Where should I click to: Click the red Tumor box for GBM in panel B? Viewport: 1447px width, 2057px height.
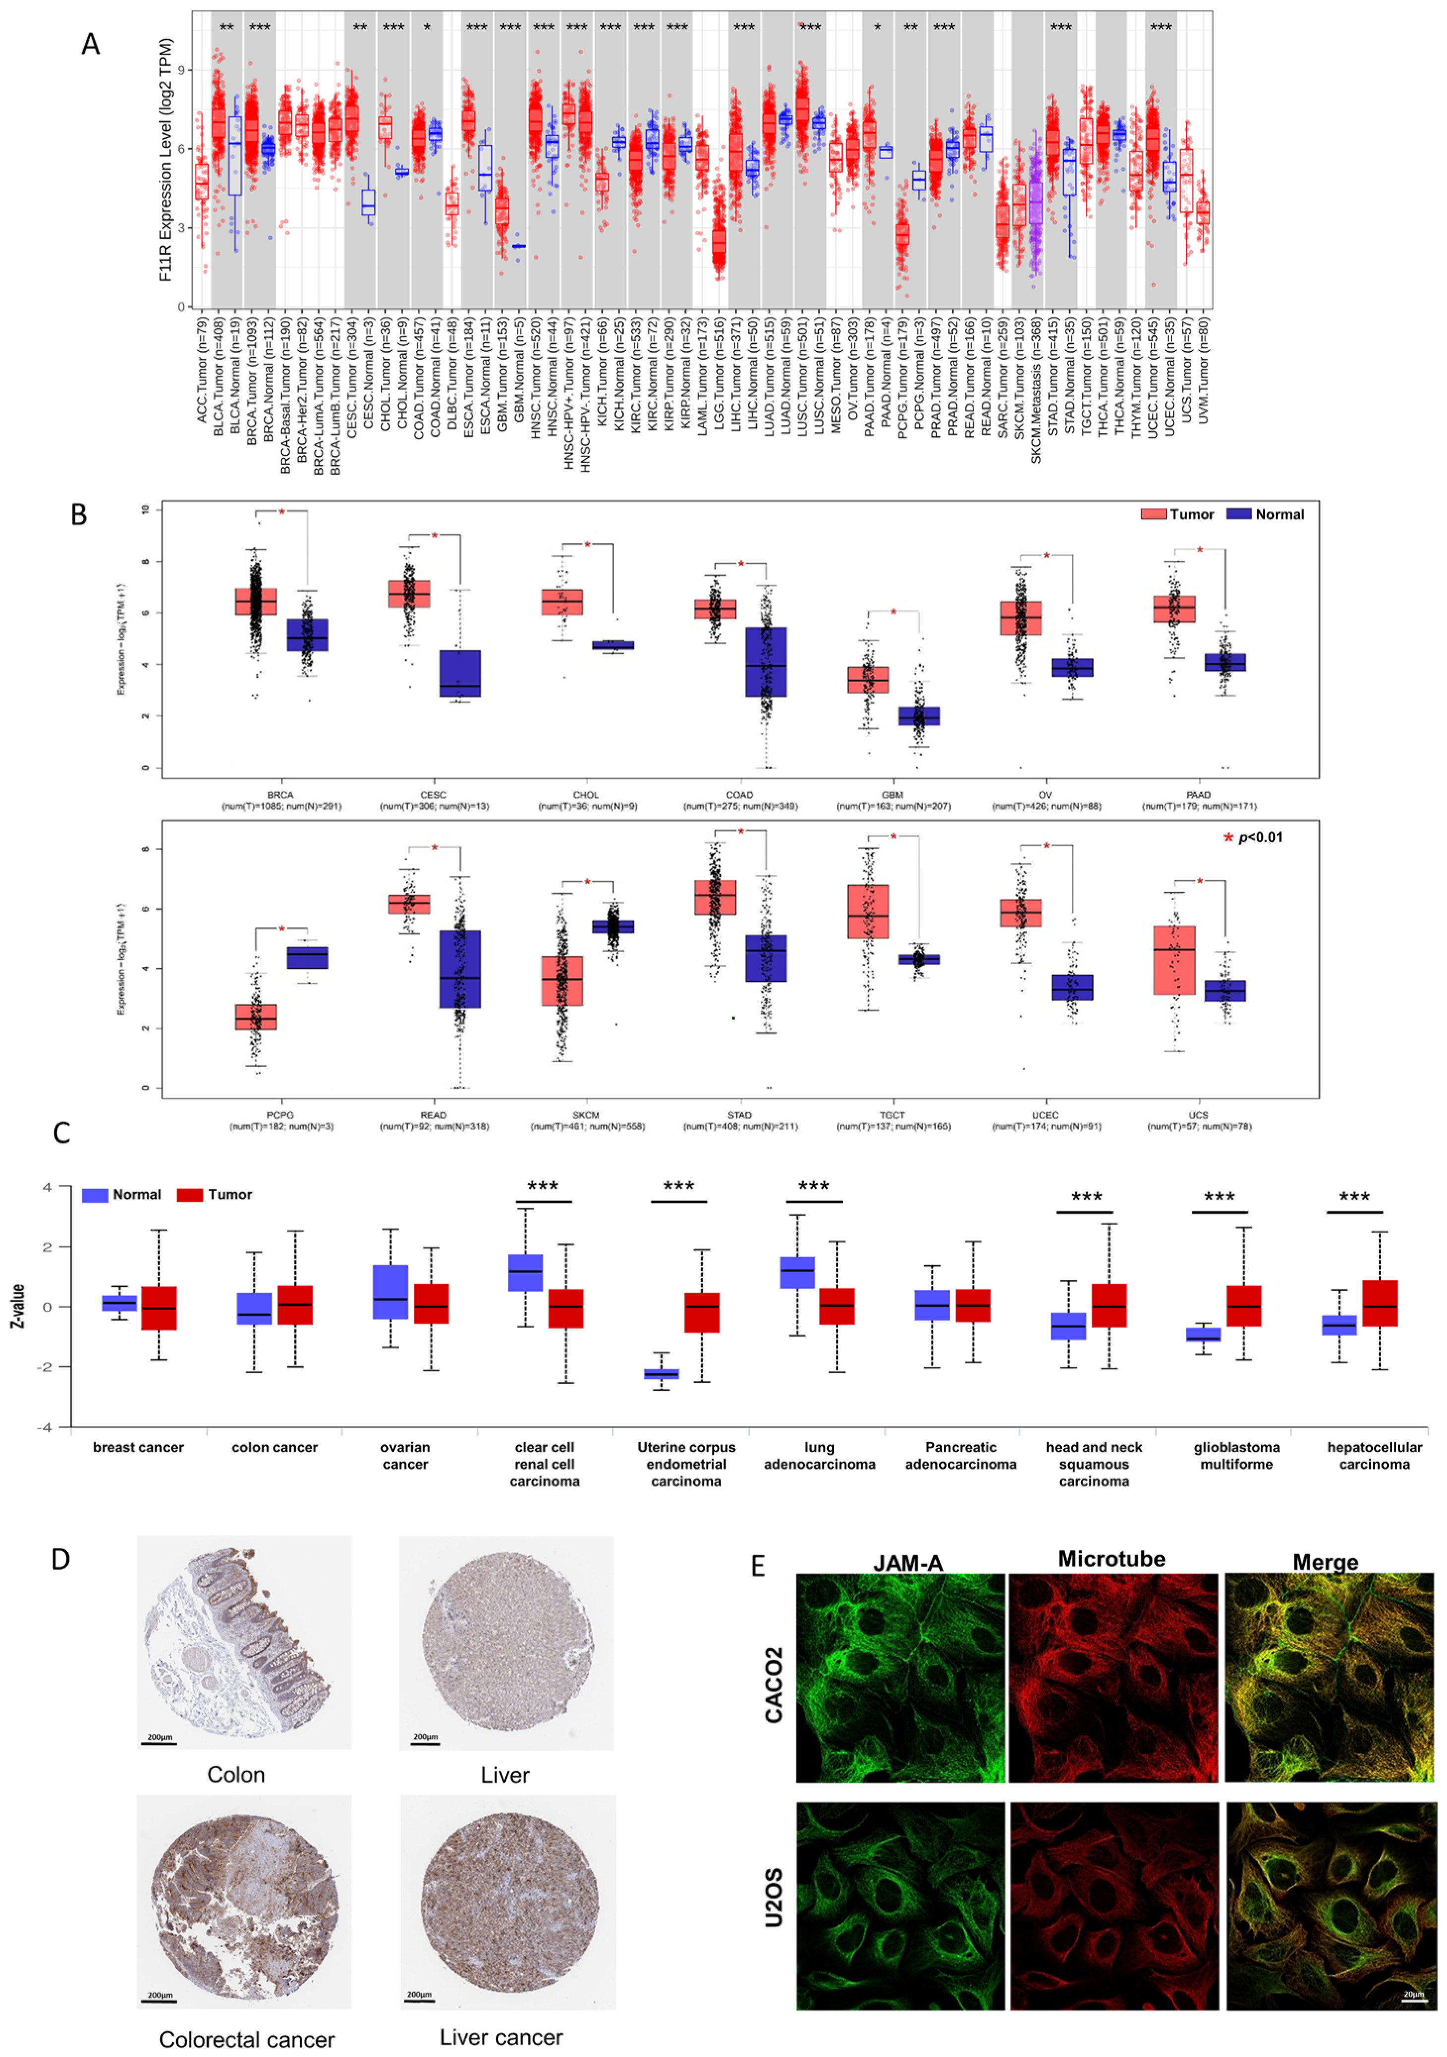(x=868, y=679)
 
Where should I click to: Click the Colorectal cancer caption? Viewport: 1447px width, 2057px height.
(x=246, y=2039)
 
